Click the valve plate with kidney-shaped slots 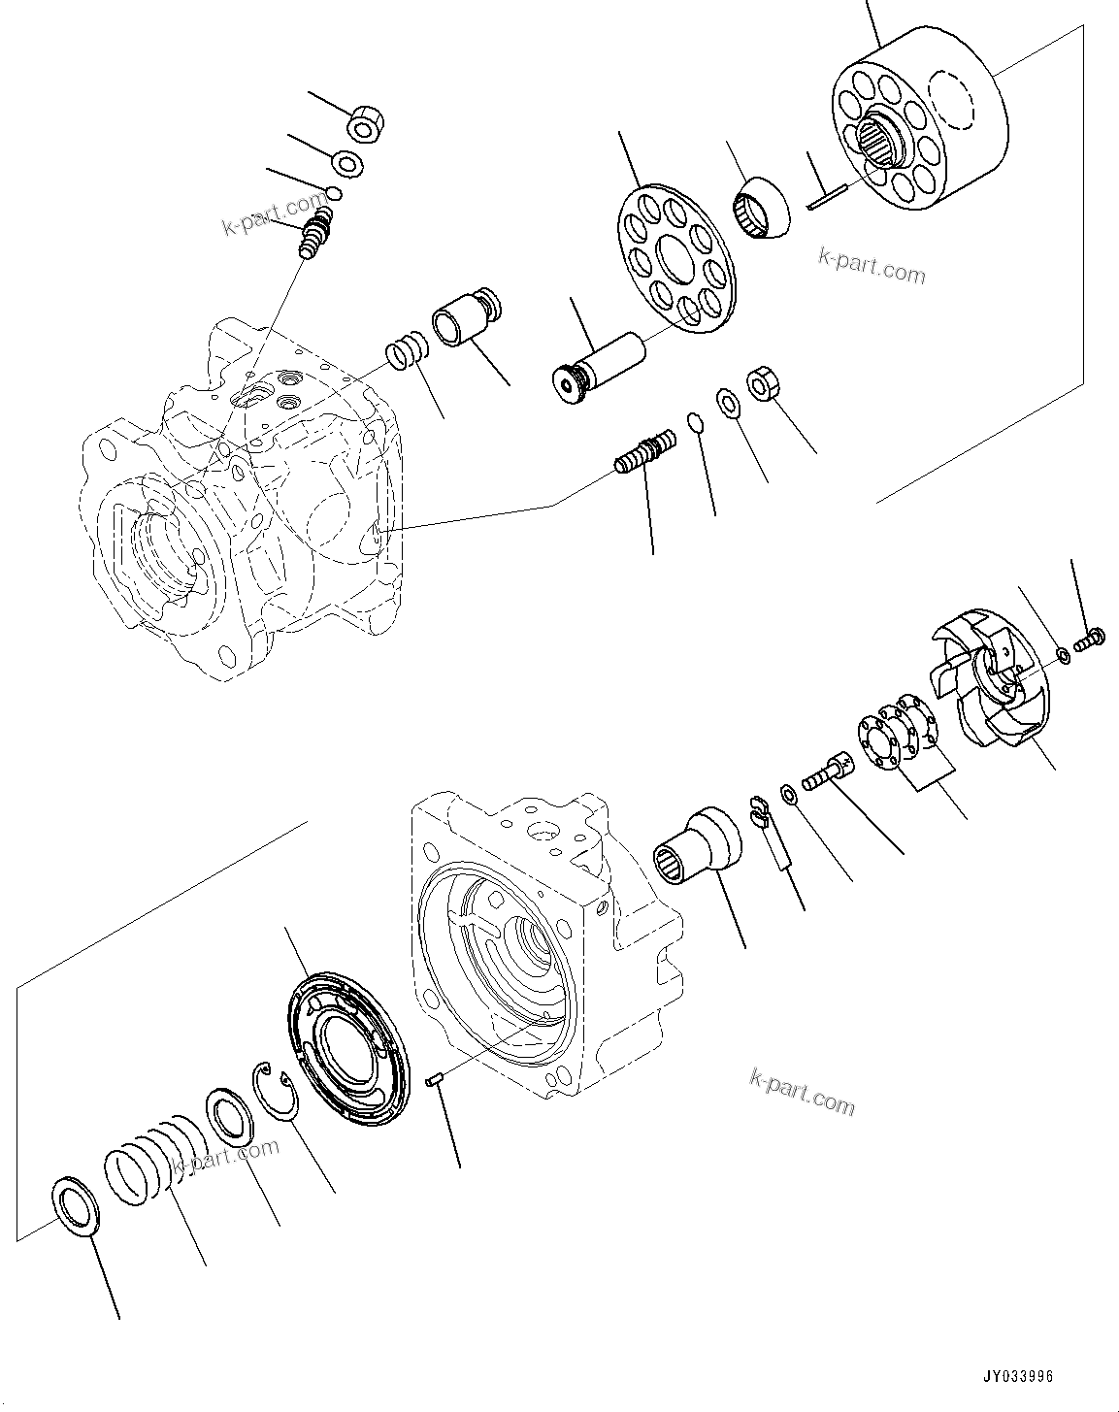351,1048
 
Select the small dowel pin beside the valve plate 435,1078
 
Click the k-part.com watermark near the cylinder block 872,264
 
